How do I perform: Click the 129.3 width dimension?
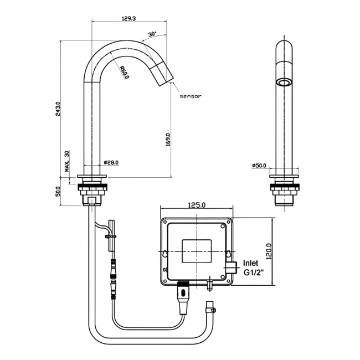(x=128, y=18)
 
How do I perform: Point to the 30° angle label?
(x=152, y=34)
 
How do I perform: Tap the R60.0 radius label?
(x=125, y=73)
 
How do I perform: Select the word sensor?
(x=191, y=96)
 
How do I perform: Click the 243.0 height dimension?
(x=58, y=109)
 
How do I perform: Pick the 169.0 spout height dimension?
(x=168, y=140)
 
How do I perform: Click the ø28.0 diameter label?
(x=111, y=162)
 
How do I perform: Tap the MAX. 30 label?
(x=67, y=161)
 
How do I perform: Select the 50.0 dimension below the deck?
(x=58, y=191)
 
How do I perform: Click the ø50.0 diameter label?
(x=259, y=165)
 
